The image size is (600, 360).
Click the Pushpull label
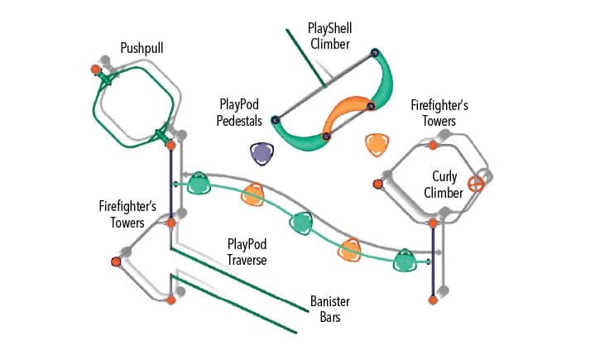(142, 49)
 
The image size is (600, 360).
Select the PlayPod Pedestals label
(241, 113)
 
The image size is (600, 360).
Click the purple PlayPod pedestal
(262, 152)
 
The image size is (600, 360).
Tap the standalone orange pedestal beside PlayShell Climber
(377, 144)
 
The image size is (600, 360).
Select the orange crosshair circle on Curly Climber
(476, 184)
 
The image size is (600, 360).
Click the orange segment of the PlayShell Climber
(348, 114)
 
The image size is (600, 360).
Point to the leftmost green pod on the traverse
(199, 184)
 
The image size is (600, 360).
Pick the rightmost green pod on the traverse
(405, 262)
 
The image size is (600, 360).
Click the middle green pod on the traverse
(301, 222)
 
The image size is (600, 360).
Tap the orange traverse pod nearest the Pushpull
(253, 195)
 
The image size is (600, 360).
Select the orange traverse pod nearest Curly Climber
(351, 249)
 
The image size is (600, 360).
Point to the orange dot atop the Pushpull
(96, 69)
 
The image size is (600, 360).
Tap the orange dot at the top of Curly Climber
(433, 145)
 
